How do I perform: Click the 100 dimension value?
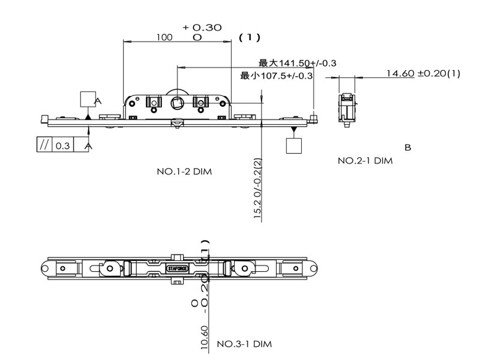[x=164, y=37]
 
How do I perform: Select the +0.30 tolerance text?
[x=202, y=27]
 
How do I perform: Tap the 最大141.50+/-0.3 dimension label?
[x=297, y=63]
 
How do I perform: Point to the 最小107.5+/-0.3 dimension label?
[x=277, y=76]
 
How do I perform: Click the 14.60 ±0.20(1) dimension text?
[x=422, y=73]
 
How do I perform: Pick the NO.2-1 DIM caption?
[x=365, y=160]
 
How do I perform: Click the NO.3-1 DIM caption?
[x=244, y=344]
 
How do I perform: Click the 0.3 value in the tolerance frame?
[x=62, y=146]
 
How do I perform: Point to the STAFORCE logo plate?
[x=177, y=269]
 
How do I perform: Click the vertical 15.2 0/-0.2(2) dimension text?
[x=257, y=190]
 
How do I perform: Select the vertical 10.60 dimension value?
[x=205, y=338]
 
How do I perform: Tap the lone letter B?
[x=408, y=147]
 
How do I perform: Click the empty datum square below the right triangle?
[x=293, y=146]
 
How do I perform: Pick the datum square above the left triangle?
[x=88, y=99]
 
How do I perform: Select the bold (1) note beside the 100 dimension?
[x=250, y=37]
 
